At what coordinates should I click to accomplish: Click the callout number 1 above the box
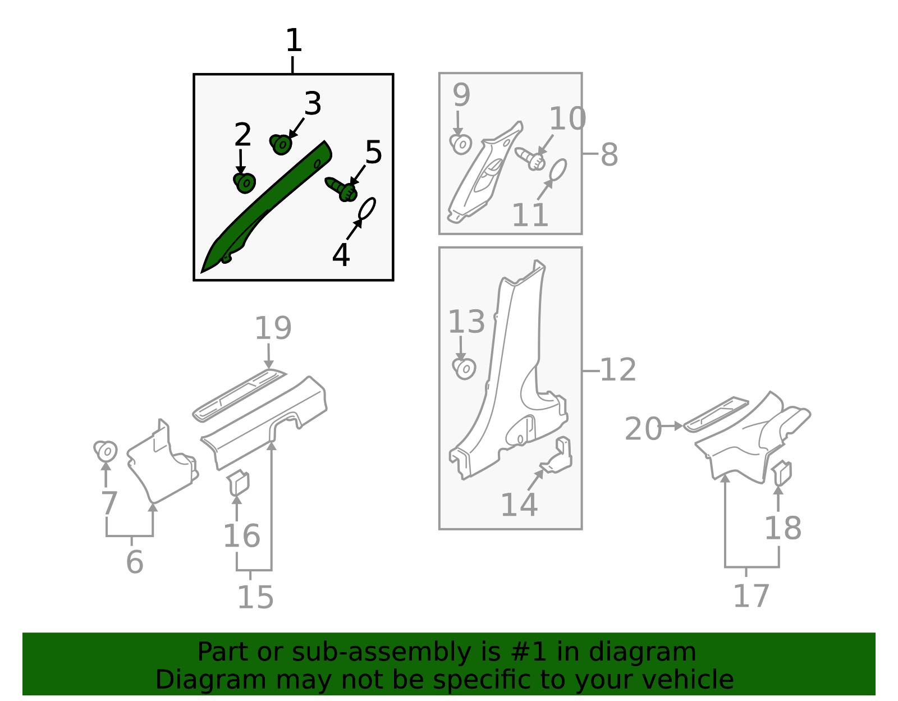[294, 40]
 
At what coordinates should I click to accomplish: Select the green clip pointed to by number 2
[245, 183]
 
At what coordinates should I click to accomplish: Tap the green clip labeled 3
[281, 144]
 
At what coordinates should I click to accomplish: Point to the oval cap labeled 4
[367, 208]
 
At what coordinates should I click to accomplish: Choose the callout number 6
[135, 562]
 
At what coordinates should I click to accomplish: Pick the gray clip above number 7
[106, 451]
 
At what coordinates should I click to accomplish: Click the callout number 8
[609, 154]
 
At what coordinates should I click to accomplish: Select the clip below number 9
[461, 144]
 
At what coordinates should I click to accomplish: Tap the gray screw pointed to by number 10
[530, 159]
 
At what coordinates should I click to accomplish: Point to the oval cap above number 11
[558, 169]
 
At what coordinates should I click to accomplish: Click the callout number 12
[617, 370]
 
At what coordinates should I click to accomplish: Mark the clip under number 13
[464, 369]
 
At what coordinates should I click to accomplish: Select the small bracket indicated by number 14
[557, 455]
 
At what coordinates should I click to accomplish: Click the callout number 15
[255, 598]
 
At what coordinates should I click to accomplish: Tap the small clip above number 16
[238, 483]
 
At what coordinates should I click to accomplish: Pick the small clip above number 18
[782, 473]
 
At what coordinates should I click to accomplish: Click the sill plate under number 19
[239, 396]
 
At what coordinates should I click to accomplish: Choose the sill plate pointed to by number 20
[716, 414]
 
